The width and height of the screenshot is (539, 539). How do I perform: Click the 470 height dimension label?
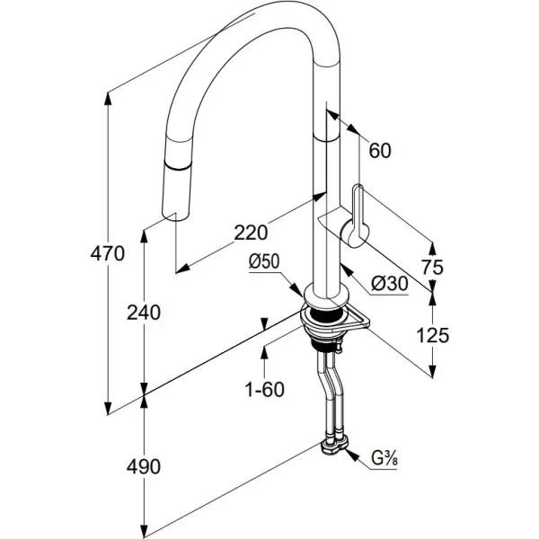pos(107,254)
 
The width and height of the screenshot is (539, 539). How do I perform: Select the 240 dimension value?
pos(144,313)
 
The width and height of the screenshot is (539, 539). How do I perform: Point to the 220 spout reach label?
pos(251,233)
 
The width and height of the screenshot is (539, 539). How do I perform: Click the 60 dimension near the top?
pos(380,151)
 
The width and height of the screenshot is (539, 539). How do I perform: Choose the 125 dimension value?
pos(433,336)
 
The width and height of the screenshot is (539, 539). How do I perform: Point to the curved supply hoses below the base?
pos(327,386)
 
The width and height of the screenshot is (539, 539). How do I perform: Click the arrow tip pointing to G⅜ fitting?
pos(353,453)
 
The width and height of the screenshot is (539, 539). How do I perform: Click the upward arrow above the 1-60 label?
pos(264,349)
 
